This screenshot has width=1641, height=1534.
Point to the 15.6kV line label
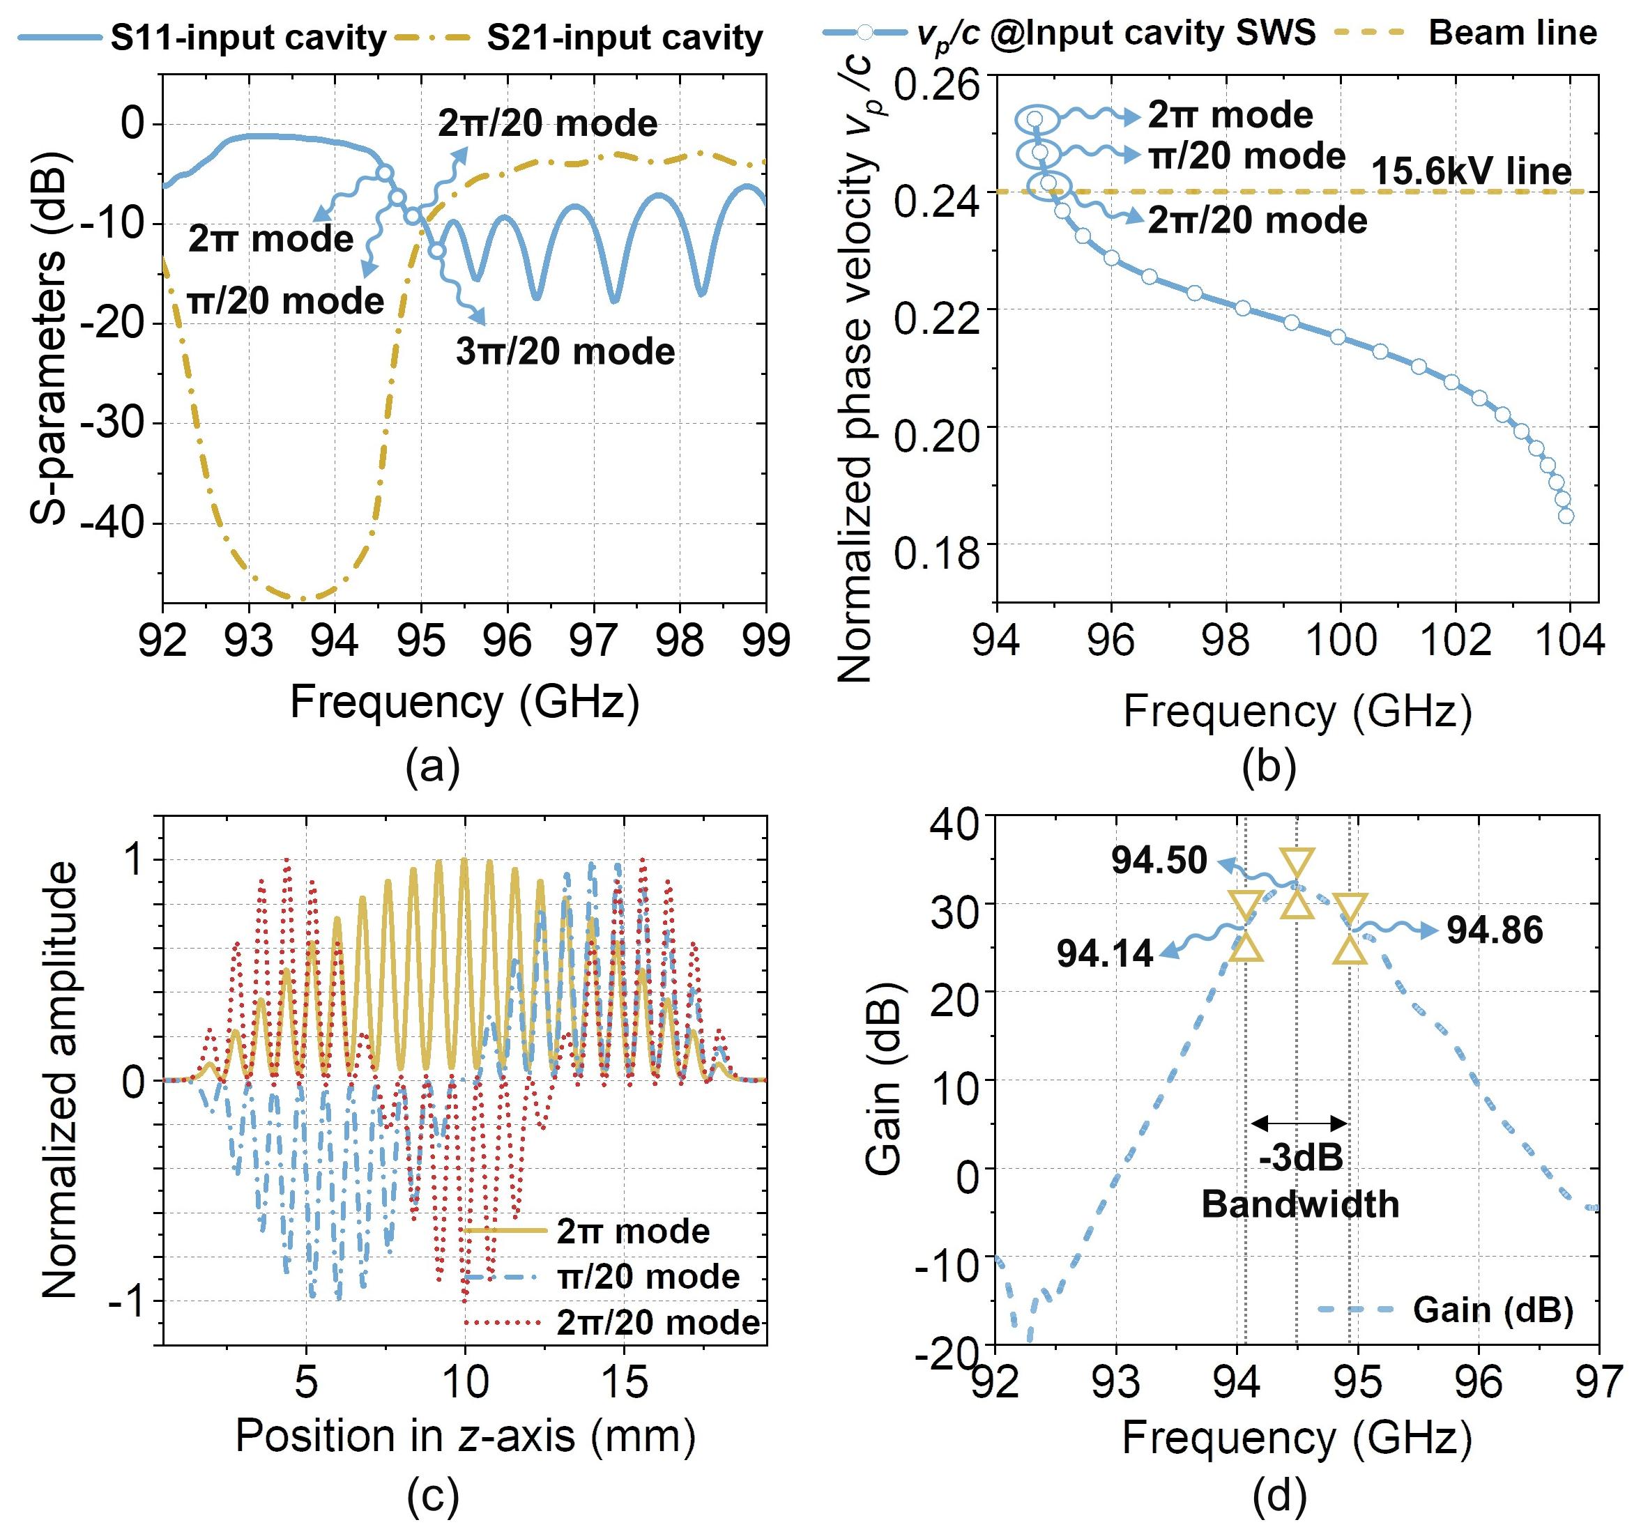pyautogui.click(x=1471, y=171)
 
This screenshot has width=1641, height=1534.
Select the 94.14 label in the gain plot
pyautogui.click(x=1104, y=954)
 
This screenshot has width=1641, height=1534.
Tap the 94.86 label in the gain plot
pyautogui.click(x=1495, y=931)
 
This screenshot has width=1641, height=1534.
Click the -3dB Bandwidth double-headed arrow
pyautogui.click(x=1299, y=1122)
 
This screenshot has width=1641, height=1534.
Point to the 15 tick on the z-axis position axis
pyautogui.click(x=624, y=1381)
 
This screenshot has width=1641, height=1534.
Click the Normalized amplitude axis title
pyautogui.click(x=58, y=1080)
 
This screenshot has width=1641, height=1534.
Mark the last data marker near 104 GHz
pyautogui.click(x=1566, y=516)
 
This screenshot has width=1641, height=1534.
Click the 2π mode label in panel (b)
pyautogui.click(x=1230, y=115)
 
